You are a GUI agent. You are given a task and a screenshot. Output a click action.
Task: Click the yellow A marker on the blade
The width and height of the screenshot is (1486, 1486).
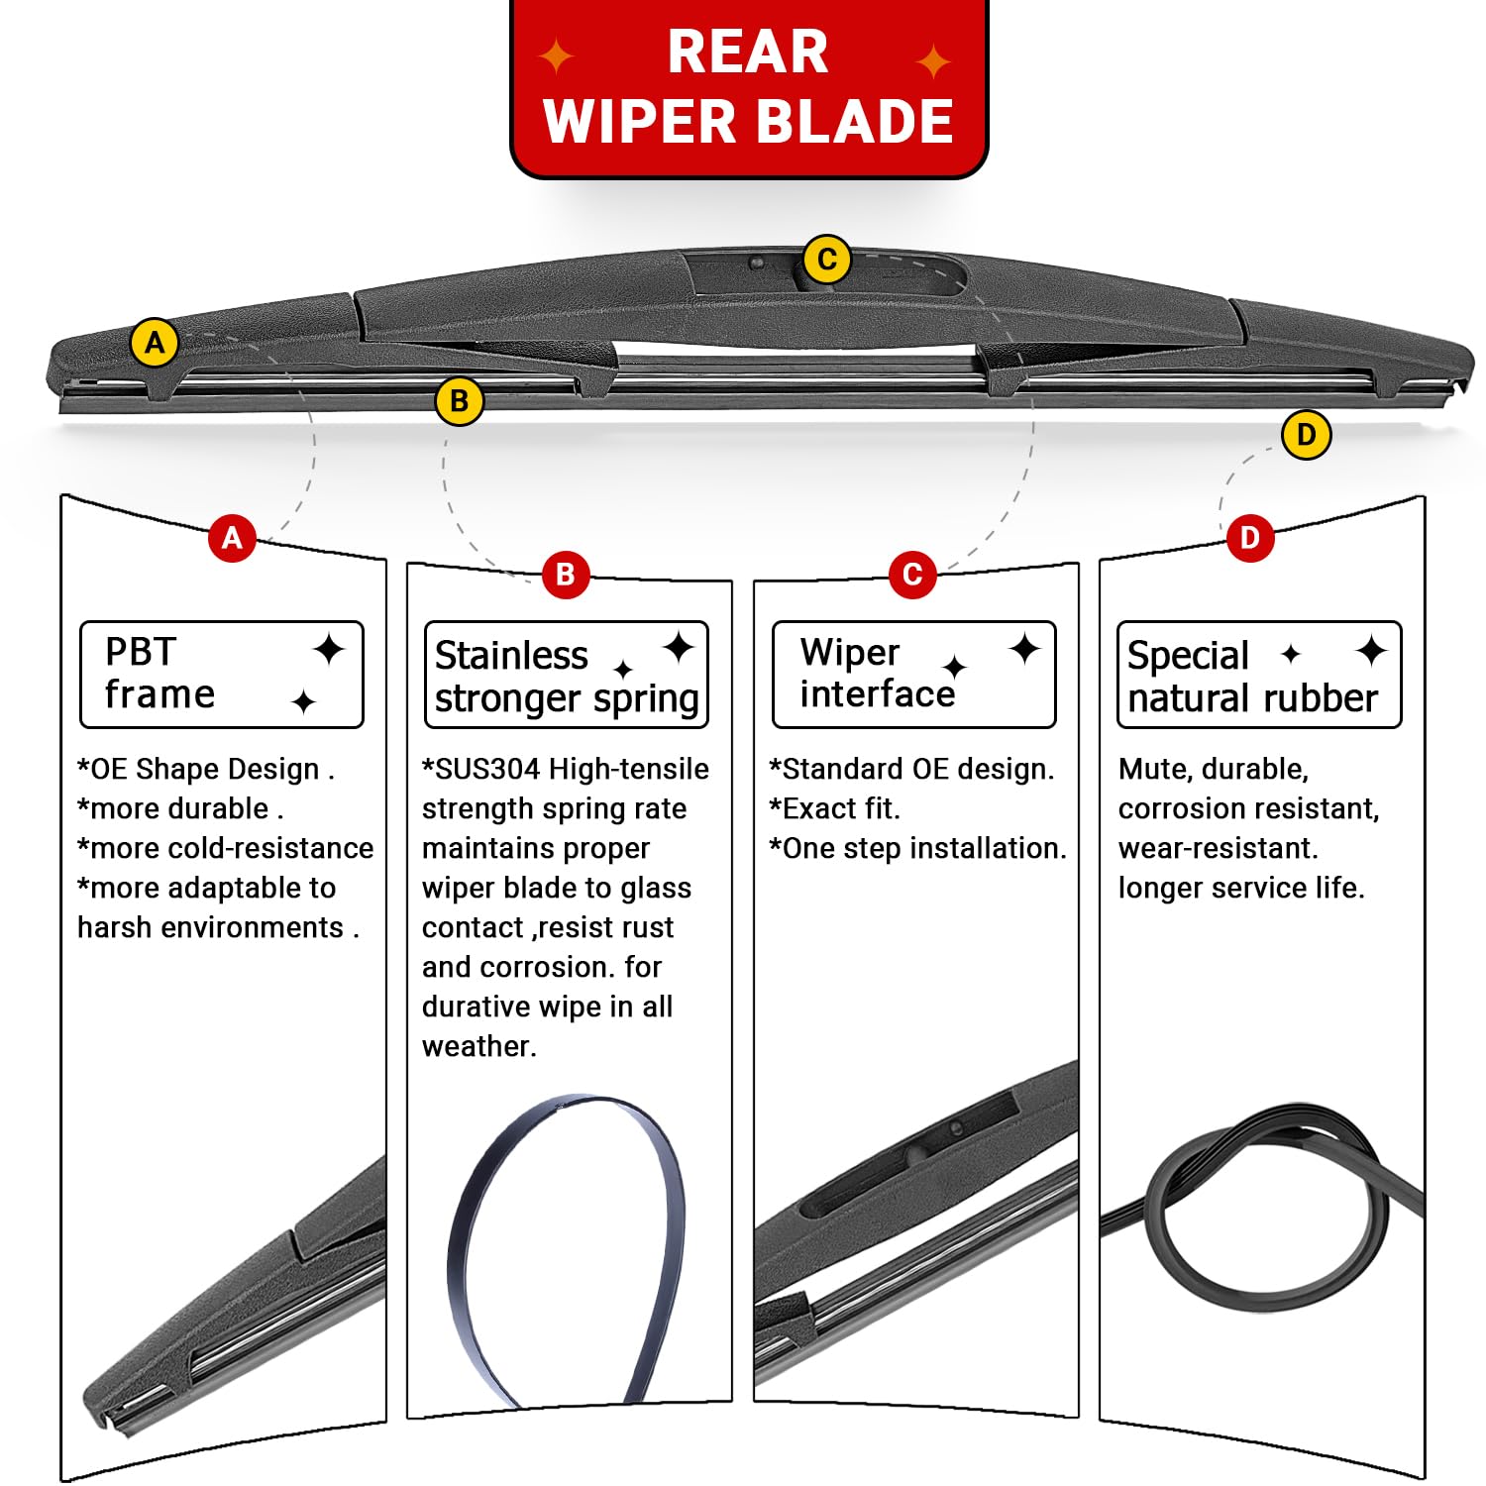[x=155, y=343]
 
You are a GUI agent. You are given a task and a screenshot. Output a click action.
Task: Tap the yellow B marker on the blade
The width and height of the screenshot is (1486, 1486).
[x=459, y=401]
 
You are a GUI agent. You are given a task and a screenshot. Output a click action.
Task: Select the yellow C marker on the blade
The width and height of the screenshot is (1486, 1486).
[x=826, y=260]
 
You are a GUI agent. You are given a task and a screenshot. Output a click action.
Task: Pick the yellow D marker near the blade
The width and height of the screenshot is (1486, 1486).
[x=1306, y=435]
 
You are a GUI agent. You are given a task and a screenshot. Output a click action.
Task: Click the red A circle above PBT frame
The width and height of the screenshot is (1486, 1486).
[x=232, y=538]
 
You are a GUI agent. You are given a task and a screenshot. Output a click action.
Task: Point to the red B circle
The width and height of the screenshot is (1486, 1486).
[x=565, y=574]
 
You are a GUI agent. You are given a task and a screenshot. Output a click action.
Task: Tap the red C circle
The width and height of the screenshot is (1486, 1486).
[x=912, y=574]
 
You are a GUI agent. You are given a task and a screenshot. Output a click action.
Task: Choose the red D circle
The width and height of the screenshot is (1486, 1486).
[x=1249, y=538]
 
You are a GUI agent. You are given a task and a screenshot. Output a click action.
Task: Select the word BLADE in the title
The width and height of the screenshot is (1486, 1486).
[x=859, y=122]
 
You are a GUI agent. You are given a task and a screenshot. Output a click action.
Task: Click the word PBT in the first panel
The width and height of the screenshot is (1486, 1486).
[x=141, y=652]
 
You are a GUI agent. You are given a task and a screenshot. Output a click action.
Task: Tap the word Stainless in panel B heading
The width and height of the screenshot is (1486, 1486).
[x=511, y=656]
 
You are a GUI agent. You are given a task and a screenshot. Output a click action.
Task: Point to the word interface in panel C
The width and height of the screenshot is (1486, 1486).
[x=877, y=694]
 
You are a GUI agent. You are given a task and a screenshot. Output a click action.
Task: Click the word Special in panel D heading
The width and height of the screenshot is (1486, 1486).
[x=1188, y=656]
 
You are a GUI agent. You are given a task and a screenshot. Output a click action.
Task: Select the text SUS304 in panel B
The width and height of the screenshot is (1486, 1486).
[x=487, y=770]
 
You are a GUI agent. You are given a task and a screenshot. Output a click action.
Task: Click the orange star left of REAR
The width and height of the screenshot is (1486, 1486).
[x=557, y=56]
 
